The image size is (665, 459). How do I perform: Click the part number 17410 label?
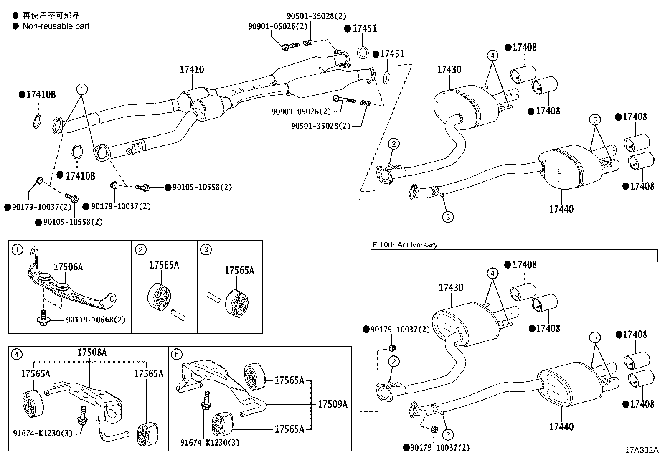(x=191, y=69)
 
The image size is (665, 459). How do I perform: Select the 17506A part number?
(x=68, y=267)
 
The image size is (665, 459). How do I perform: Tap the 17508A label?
(x=92, y=352)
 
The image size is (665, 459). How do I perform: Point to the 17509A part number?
(x=332, y=404)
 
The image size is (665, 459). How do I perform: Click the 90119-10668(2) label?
(x=96, y=320)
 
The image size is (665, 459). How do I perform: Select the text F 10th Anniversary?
(x=405, y=245)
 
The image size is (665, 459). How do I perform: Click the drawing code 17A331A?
(x=642, y=450)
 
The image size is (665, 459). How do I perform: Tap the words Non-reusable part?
(x=56, y=26)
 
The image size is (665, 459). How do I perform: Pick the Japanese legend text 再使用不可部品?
(x=51, y=15)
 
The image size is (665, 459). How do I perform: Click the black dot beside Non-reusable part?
(x=15, y=26)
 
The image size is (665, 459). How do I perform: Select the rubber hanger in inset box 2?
(x=159, y=297)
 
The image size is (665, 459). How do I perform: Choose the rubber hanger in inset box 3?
(x=236, y=304)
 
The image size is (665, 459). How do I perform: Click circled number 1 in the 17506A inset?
(x=17, y=250)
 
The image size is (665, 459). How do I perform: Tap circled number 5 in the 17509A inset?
(x=177, y=354)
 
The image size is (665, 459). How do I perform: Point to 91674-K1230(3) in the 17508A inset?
(x=43, y=434)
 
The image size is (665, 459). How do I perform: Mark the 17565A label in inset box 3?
(x=239, y=270)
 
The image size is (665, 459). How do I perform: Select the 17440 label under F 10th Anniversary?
(x=561, y=427)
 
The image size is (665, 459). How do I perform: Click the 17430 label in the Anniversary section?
(x=451, y=287)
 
